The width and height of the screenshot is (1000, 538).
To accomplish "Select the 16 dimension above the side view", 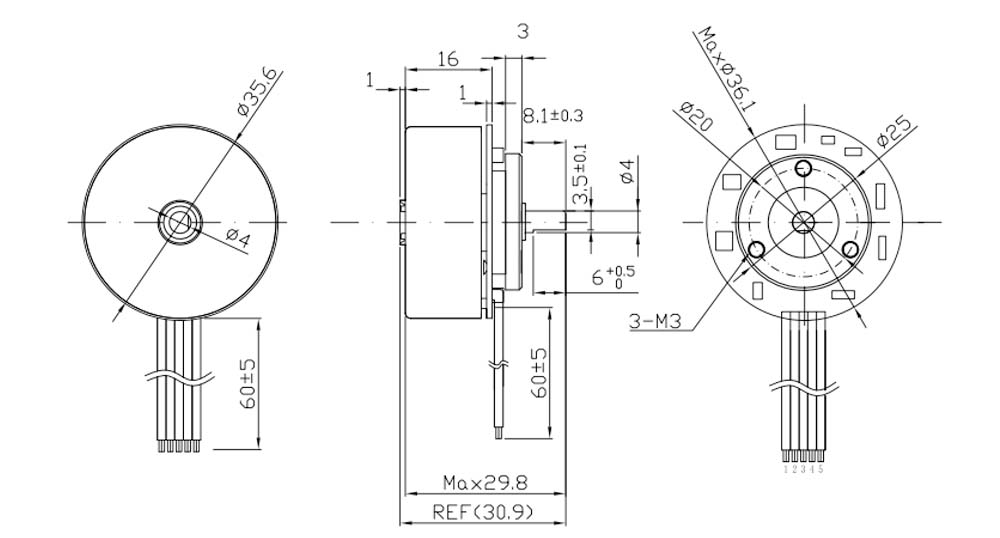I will tap(447, 60).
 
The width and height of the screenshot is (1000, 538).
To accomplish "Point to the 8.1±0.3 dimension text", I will tap(553, 116).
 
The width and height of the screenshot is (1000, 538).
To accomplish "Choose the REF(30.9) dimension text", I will tap(483, 512).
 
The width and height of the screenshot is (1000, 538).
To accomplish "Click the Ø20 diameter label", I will tap(694, 116).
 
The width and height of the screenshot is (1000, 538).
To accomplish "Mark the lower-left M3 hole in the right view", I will tap(756, 249).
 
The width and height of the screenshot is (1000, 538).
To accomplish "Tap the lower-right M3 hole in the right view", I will tap(850, 249).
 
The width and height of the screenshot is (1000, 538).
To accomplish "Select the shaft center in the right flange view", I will tap(803, 221).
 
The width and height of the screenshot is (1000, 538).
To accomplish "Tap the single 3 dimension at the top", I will tap(521, 31).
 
